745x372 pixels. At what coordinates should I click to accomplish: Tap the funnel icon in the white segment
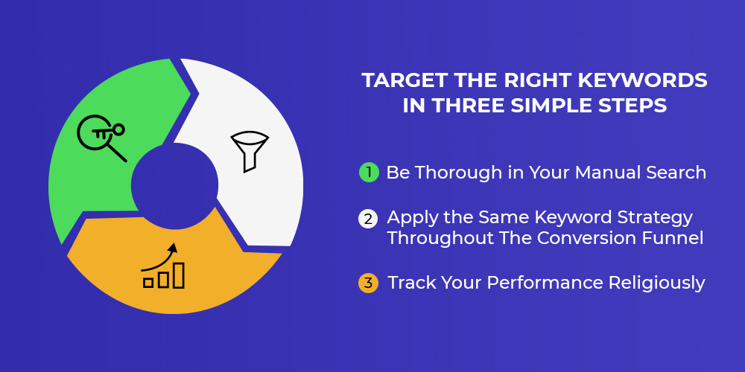click(250, 151)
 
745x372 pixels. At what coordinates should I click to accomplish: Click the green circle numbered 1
click(369, 172)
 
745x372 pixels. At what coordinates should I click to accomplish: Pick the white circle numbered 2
click(368, 219)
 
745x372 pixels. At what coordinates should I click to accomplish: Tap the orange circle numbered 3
click(368, 283)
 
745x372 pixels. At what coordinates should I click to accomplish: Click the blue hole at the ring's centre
click(174, 186)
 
